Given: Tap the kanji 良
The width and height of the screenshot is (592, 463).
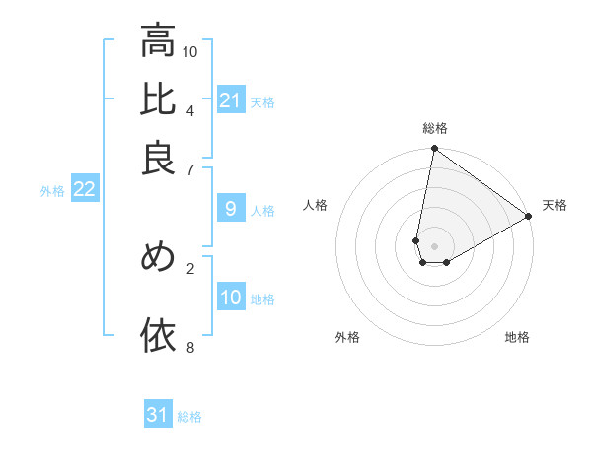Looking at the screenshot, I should (x=158, y=158).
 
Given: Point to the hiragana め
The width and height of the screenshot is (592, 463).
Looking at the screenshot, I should (x=158, y=256).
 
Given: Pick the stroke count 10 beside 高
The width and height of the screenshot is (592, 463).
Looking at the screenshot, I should (x=190, y=51).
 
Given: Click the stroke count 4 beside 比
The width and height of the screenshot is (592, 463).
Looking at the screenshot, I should (x=190, y=109).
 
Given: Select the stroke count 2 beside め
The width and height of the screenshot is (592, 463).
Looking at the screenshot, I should (x=190, y=267).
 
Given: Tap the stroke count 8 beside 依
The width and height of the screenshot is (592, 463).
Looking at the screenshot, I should (x=190, y=346).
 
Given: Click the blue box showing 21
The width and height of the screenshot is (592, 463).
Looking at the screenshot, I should (x=230, y=100).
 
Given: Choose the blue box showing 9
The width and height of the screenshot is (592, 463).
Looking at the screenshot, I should (x=230, y=209).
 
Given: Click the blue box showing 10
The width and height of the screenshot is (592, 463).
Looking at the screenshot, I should (x=230, y=298).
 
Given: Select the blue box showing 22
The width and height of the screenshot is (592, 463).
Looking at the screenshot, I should (x=84, y=190).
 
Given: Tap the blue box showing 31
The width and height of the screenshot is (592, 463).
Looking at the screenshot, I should (x=158, y=415).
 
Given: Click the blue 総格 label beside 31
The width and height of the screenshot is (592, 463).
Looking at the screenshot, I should (x=189, y=417).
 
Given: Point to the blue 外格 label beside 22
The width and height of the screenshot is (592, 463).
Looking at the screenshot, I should (x=52, y=191).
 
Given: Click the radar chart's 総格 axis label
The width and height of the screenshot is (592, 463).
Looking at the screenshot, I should (x=434, y=128).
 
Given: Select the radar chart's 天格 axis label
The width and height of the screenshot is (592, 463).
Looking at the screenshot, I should (x=555, y=205).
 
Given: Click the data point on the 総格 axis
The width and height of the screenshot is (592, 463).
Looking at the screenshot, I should (x=434, y=149).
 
